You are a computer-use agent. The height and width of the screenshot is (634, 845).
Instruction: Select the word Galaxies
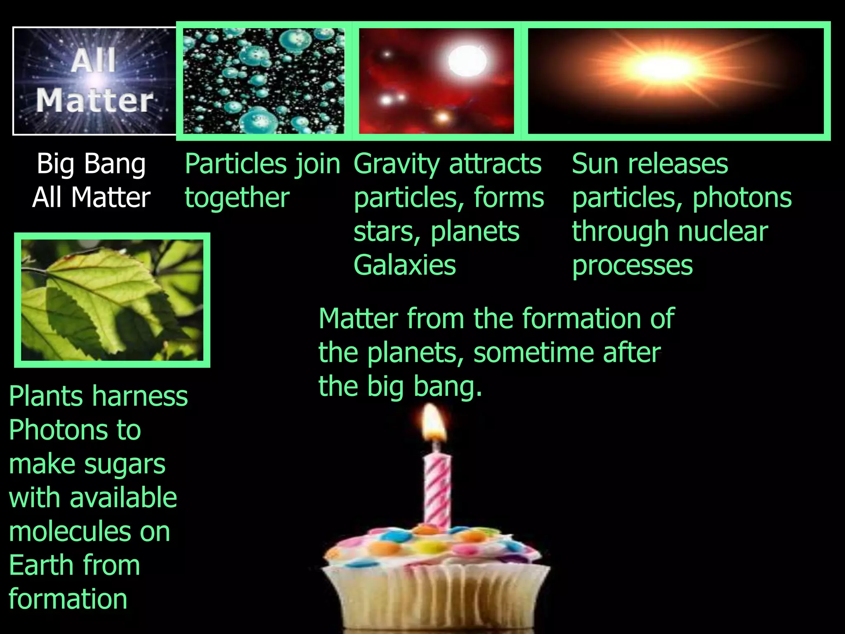[405, 265]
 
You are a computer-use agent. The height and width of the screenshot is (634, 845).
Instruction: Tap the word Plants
[46, 396]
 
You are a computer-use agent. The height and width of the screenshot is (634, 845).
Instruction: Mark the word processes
[632, 266]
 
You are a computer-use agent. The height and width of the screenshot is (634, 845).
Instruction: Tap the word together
[237, 197]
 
